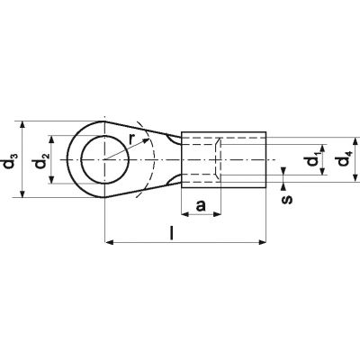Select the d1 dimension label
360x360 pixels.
pyautogui.click(x=312, y=159)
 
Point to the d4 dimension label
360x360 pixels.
pyautogui.click(x=344, y=160)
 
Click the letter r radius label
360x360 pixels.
pyautogui.click(x=131, y=139)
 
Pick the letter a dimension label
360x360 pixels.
pyautogui.click(x=201, y=206)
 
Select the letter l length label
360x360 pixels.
pyautogui.click(x=172, y=233)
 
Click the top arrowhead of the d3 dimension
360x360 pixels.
pyautogui.click(x=22, y=125)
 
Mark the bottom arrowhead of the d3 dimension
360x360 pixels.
pyautogui.click(x=22, y=193)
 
